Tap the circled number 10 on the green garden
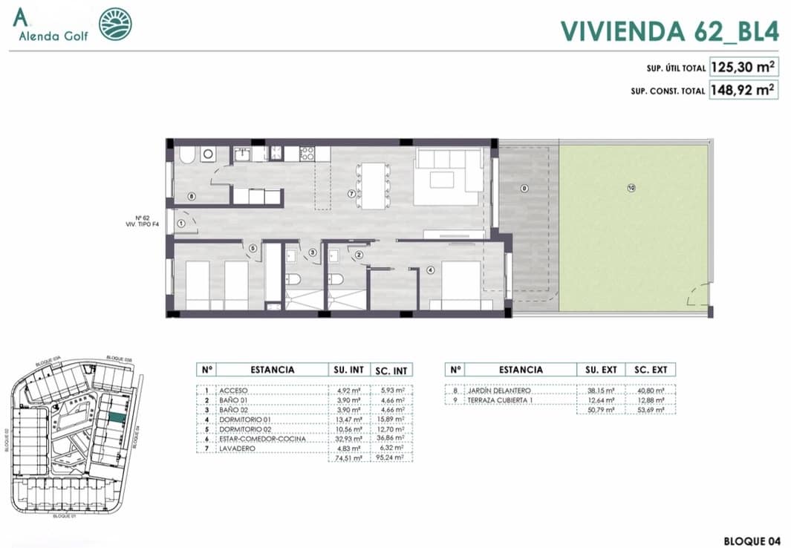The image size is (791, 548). [x=631, y=189]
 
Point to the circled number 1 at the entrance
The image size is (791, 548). [x=180, y=222]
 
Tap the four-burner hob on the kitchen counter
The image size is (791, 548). [x=307, y=154]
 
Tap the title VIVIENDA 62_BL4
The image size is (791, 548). [x=668, y=30]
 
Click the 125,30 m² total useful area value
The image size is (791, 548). [x=743, y=67]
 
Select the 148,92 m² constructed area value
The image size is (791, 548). [x=743, y=91]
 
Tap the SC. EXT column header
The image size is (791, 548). [x=650, y=369]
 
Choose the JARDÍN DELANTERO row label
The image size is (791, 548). [x=498, y=390]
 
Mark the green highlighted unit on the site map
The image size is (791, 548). [x=115, y=418]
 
